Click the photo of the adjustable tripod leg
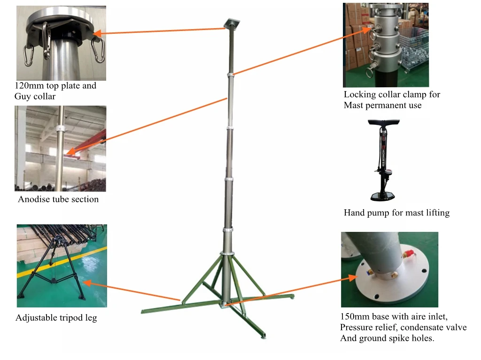pos(62,265)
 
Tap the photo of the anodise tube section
pos(60,148)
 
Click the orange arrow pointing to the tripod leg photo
pos(132,291)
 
